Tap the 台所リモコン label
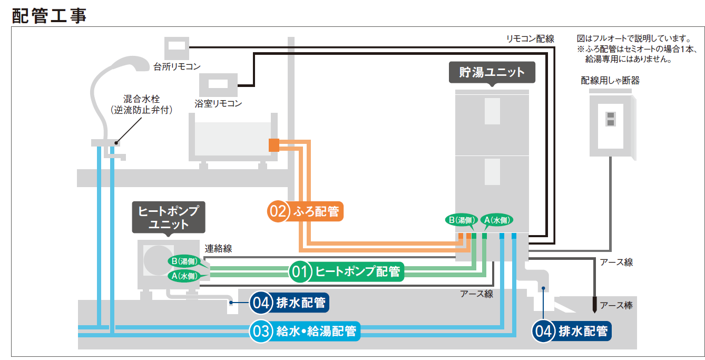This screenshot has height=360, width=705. point(177,67)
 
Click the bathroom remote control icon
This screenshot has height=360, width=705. point(218,84)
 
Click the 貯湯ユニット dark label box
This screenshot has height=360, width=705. point(492,72)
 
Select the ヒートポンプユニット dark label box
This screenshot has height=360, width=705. point(169,217)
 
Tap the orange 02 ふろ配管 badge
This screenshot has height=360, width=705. point(305,211)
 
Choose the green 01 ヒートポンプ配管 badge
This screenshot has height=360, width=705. point(346,272)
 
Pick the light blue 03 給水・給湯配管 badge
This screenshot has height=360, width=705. point(305,332)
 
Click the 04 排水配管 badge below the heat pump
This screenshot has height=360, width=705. point(289,303)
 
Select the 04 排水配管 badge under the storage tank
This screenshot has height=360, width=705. point(571,331)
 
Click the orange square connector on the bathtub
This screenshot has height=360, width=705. point(273,144)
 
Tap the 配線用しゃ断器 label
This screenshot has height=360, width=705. point(610,81)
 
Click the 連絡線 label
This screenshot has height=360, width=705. point(219,249)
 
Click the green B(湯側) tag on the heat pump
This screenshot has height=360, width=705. point(184,261)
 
